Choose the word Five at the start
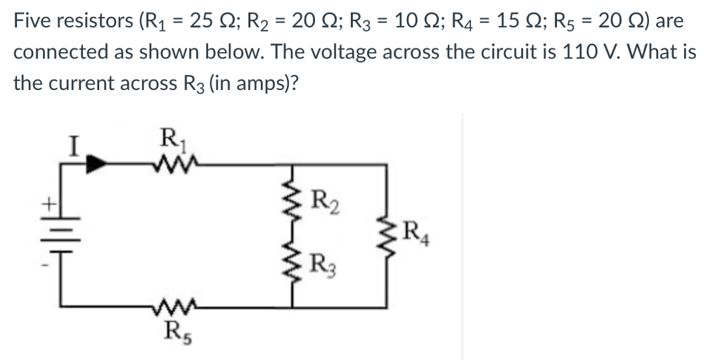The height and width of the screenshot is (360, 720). coord(34,20)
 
